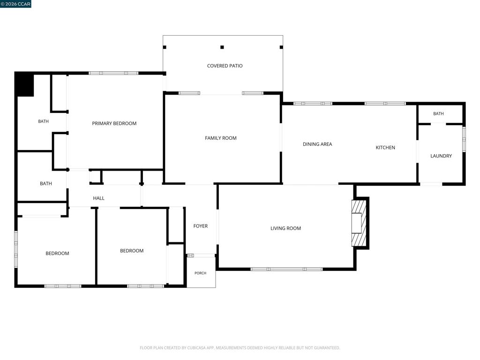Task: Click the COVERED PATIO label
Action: tap(225, 66)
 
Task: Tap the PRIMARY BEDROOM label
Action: tap(114, 123)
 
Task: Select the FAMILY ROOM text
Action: tap(221, 138)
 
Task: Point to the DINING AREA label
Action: tap(317, 144)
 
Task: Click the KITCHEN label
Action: tap(385, 148)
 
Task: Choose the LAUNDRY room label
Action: tap(441, 156)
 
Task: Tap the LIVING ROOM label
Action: tap(285, 228)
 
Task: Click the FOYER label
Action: tap(201, 226)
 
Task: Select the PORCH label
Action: tap(201, 273)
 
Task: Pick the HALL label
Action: tap(98, 198)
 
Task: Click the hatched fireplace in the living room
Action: tap(359, 223)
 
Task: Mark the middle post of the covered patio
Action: tap(222, 47)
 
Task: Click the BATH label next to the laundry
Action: tap(438, 113)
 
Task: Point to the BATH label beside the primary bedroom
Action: tap(44, 121)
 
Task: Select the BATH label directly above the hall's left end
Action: tap(46, 184)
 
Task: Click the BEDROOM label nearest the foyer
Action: tap(132, 251)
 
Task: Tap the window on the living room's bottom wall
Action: tap(286, 269)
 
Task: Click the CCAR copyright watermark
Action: tap(15, 4)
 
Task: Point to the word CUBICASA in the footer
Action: tap(200, 348)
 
